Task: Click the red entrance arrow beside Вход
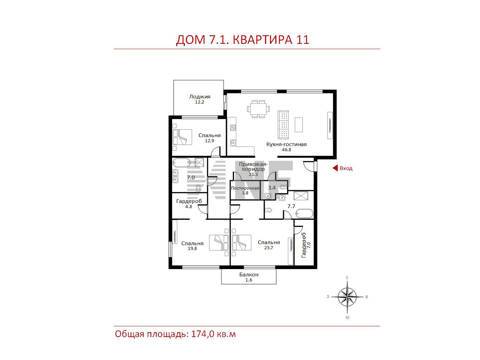[335, 168]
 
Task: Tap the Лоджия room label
[200, 97]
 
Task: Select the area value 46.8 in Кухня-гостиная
[286, 150]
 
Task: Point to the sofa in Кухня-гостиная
[283, 124]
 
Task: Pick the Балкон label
[249, 275]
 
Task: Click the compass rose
[347, 297]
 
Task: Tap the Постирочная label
[245, 188]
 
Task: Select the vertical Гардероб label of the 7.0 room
[303, 245]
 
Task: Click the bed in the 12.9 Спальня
[182, 137]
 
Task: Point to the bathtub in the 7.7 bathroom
[304, 214]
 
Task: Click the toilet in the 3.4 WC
[283, 187]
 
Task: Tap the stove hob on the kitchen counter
[233, 127]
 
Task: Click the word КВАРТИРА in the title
[262, 40]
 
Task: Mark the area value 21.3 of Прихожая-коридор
[253, 174]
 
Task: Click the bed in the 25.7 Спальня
[241, 243]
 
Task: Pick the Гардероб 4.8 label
[189, 204]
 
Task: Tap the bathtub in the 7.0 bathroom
[181, 163]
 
